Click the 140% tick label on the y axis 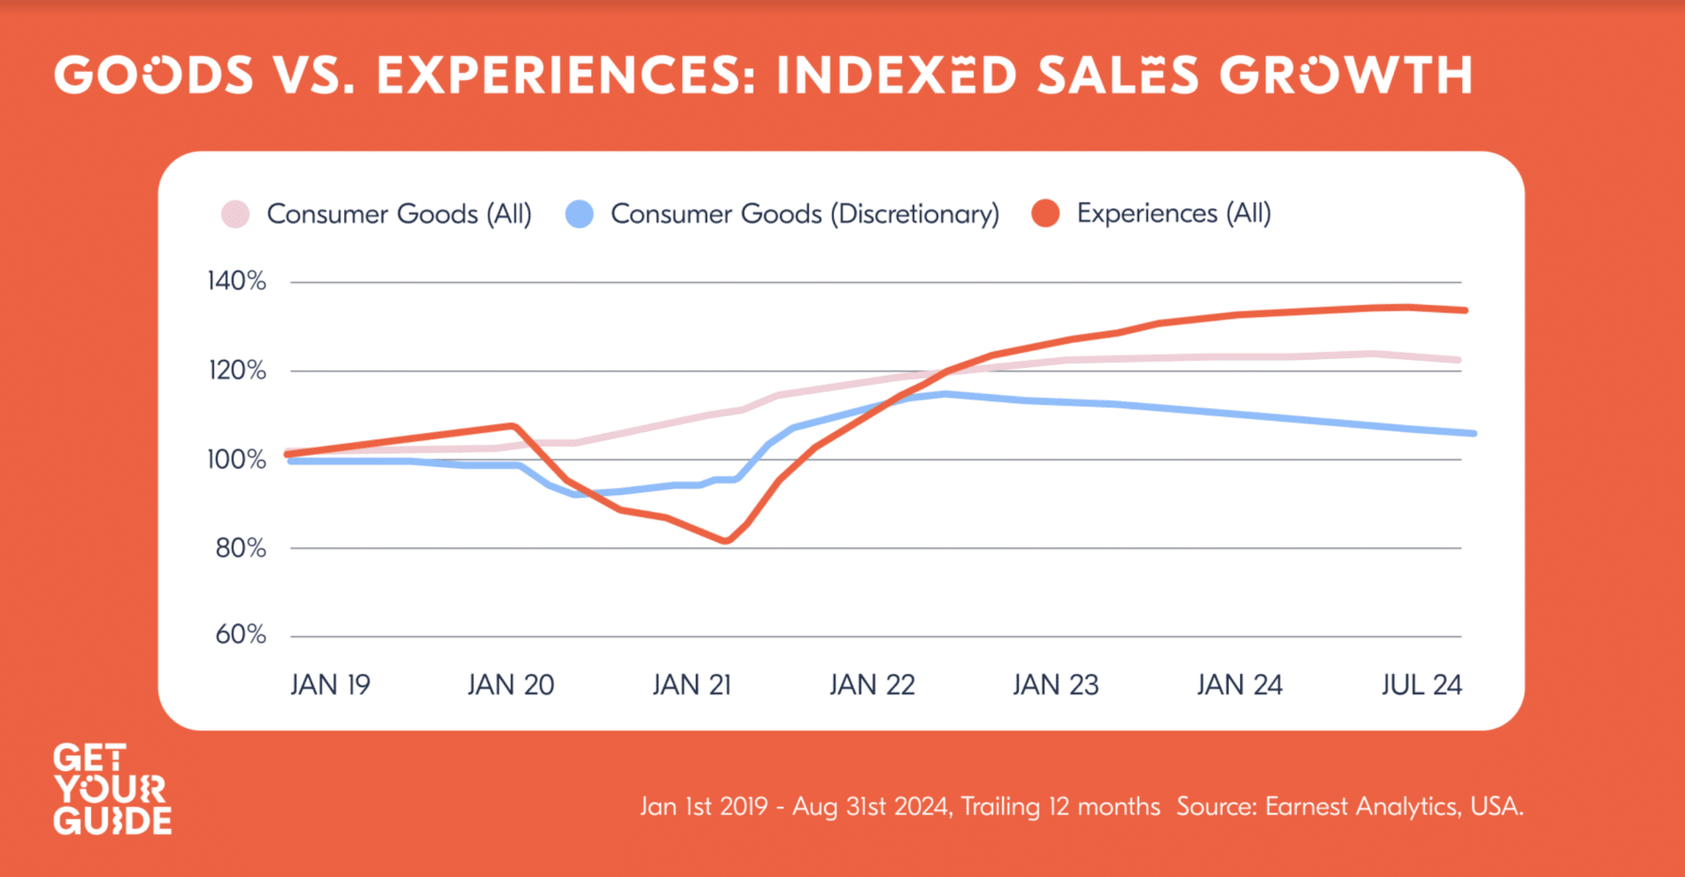(236, 281)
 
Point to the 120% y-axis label (236, 370)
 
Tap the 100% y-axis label (236, 459)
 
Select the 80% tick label (240, 548)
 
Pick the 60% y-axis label (240, 635)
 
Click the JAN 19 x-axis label (330, 685)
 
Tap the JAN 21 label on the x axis (692, 685)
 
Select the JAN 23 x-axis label (1055, 685)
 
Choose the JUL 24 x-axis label (1421, 685)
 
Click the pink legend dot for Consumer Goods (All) (235, 214)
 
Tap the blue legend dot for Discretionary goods (579, 214)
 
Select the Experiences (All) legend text (1173, 213)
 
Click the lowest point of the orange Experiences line (726, 541)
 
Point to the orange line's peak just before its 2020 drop (513, 427)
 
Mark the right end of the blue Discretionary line (1473, 433)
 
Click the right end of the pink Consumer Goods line (1458, 360)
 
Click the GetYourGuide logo (111, 789)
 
